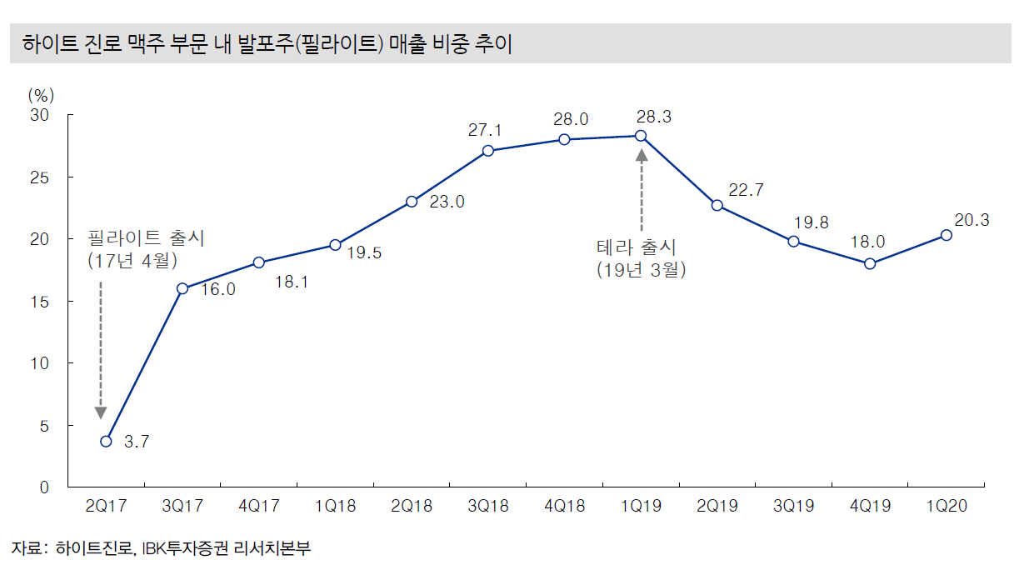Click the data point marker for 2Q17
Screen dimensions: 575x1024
click(x=106, y=441)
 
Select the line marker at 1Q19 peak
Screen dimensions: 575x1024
click(x=641, y=136)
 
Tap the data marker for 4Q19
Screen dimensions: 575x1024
click(x=870, y=263)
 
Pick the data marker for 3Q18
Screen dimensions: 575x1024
click(x=488, y=151)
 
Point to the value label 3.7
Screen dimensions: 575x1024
click(x=136, y=442)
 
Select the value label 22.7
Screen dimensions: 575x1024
click(x=746, y=190)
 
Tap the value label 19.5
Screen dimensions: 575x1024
click(x=364, y=253)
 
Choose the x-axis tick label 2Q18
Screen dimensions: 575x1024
click(x=412, y=507)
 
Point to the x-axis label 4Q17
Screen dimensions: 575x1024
click(x=258, y=507)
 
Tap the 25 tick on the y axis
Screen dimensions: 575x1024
click(x=42, y=177)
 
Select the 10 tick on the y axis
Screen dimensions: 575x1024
click(x=42, y=363)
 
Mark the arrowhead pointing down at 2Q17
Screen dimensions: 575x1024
click(x=101, y=412)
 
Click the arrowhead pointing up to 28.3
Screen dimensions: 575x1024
click(x=641, y=154)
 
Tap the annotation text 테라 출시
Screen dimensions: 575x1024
click(x=637, y=247)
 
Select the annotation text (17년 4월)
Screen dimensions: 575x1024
click(x=132, y=260)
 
